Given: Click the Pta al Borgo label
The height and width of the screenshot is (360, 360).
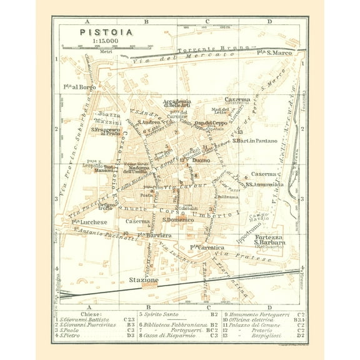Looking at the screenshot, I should pyautogui.click(x=87, y=87).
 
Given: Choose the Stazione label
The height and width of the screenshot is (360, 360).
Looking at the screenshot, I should pyautogui.click(x=144, y=280).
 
